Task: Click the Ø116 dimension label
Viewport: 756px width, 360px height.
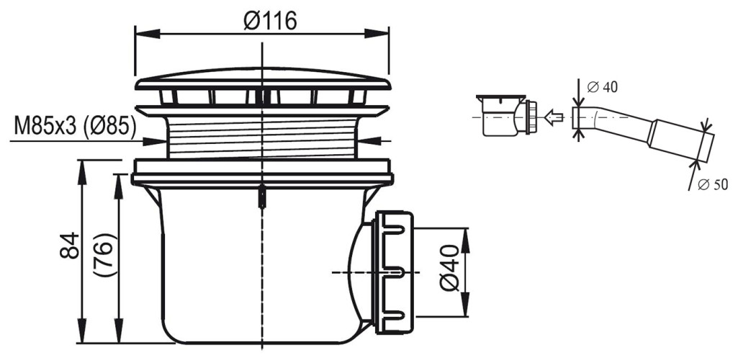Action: [270, 21]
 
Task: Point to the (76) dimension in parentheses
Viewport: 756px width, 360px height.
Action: [106, 257]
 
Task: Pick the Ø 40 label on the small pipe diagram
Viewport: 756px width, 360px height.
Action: [603, 88]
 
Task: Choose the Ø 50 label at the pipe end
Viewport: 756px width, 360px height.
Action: [714, 185]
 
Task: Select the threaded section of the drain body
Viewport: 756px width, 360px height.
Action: [264, 138]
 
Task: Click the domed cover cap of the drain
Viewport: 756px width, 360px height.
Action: [263, 78]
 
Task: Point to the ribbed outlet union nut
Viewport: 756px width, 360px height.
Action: [395, 271]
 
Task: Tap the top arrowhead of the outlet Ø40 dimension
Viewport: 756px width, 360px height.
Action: [467, 234]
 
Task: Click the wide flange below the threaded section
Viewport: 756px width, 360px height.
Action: [263, 173]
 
